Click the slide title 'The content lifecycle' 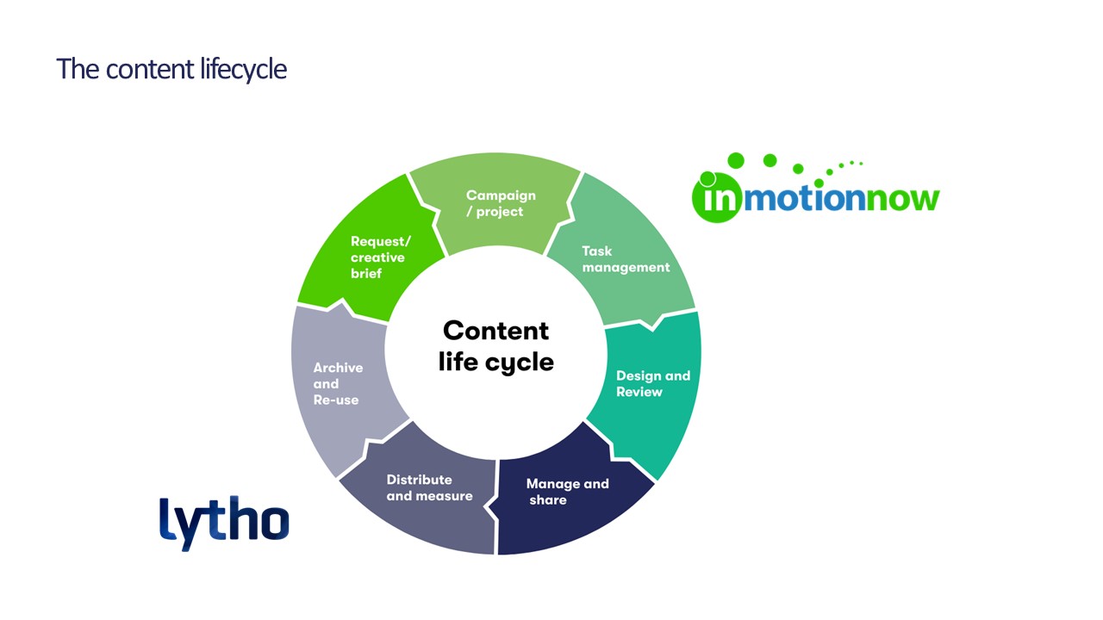171,70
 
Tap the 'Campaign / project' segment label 501,203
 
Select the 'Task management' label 626,259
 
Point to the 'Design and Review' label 653,384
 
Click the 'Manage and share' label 568,492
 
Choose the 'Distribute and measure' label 429,487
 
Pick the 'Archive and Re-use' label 338,384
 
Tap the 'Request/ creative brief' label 380,257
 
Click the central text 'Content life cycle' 495,346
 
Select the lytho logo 224,523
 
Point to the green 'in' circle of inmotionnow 715,198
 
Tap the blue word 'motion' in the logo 805,198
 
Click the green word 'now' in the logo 902,200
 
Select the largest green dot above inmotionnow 736,160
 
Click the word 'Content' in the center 495,330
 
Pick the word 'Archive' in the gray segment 338,368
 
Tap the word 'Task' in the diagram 597,251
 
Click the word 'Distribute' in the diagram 419,480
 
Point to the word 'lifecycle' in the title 243,70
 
